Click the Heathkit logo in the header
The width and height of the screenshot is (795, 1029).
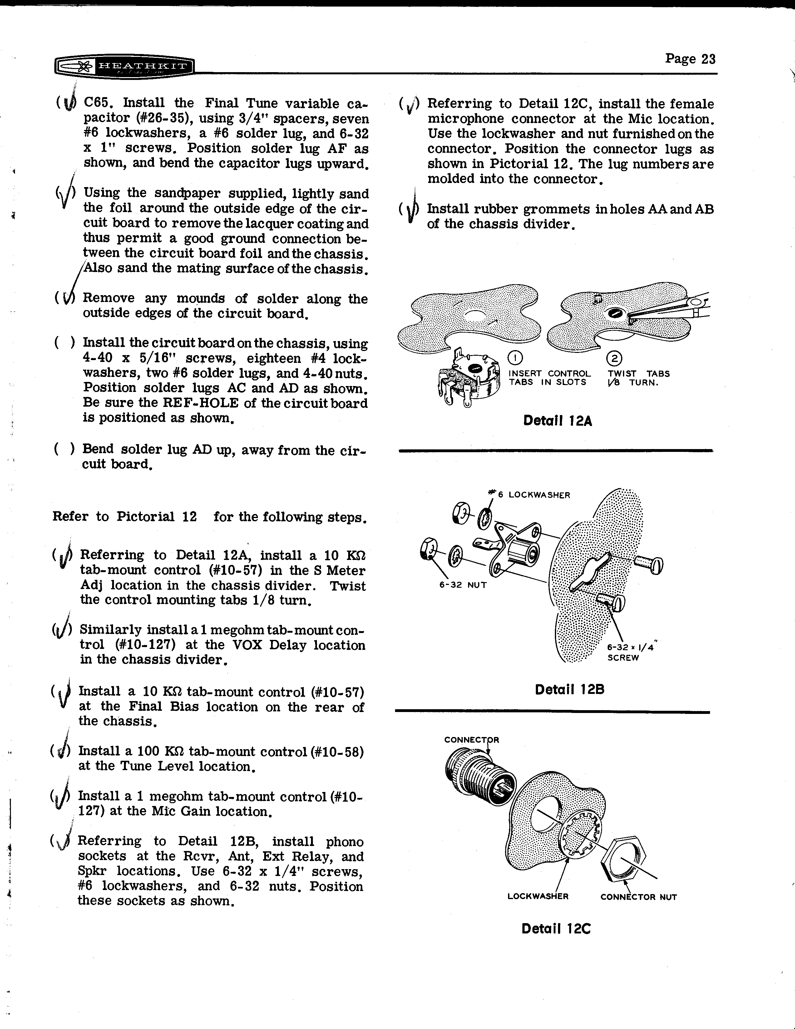click(124, 67)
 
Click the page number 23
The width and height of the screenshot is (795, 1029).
click(690, 59)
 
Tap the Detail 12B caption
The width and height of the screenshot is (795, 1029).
click(570, 690)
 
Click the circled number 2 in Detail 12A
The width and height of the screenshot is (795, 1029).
click(615, 359)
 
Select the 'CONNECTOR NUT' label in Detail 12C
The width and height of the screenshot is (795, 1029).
click(638, 897)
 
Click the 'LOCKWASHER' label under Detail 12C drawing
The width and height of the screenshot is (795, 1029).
click(538, 896)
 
